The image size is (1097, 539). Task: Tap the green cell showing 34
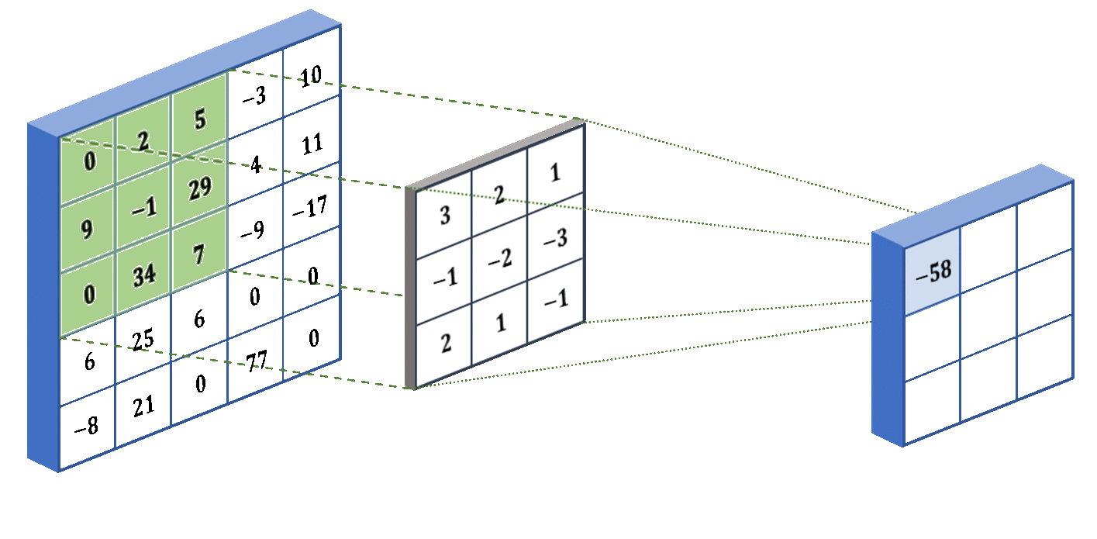(x=143, y=276)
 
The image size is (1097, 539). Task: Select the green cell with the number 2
(x=143, y=140)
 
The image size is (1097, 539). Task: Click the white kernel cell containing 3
(x=445, y=216)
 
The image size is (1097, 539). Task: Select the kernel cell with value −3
(x=555, y=238)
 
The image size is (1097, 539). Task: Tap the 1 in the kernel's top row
(x=555, y=173)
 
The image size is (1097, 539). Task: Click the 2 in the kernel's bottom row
(x=445, y=344)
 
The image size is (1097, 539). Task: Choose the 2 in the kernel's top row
(x=499, y=195)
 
